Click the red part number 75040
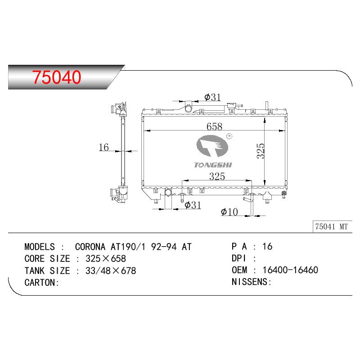coord(57,77)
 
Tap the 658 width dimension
coord(214,126)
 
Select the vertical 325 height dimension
coord(261,151)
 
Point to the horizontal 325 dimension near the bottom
coord(217,176)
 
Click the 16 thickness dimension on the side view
coord(103,147)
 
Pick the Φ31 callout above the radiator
coord(212,97)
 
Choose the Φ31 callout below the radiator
coord(193,205)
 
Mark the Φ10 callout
coord(229,211)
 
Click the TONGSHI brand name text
coord(213,165)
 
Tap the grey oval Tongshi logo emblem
coord(212,146)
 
